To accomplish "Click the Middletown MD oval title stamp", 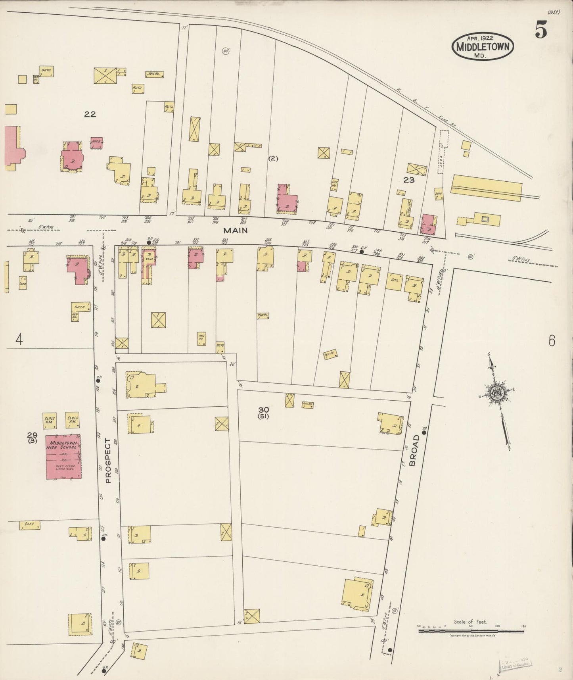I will pyautogui.click(x=482, y=46).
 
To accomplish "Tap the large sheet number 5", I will pyautogui.click(x=541, y=29).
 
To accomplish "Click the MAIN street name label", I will pyautogui.click(x=235, y=230).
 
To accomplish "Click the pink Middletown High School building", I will pyautogui.click(x=63, y=457).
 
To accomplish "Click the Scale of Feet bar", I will pyautogui.click(x=471, y=630).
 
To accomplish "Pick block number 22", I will pyautogui.click(x=90, y=114).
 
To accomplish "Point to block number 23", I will pyautogui.click(x=409, y=180).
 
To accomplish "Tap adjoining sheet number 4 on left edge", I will pyautogui.click(x=19, y=339).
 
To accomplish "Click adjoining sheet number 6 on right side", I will pyautogui.click(x=552, y=341).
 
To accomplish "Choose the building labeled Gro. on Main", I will pyautogui.click(x=394, y=281).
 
